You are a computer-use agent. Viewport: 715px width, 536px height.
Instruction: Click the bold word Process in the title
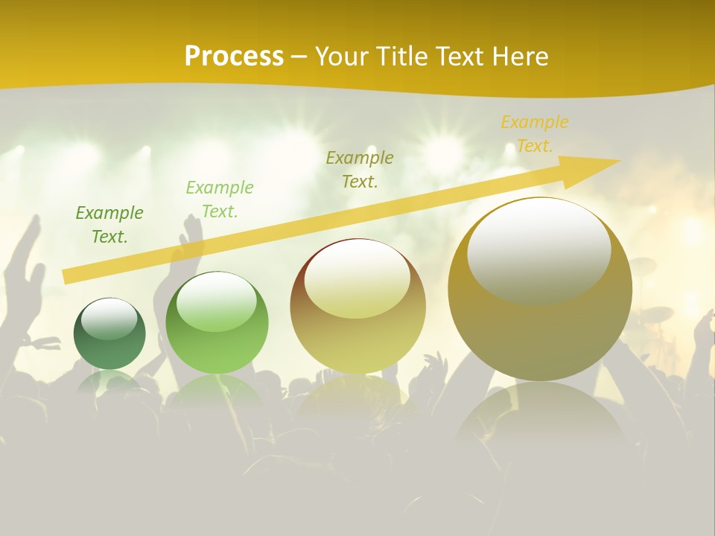234,56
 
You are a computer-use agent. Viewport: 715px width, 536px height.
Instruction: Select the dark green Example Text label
109,225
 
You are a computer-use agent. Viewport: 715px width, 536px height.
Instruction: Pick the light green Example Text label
220,200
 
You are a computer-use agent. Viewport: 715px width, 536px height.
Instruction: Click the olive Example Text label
360,169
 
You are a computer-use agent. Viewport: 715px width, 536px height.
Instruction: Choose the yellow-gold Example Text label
534,134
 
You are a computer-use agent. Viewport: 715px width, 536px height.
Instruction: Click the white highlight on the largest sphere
538,249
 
